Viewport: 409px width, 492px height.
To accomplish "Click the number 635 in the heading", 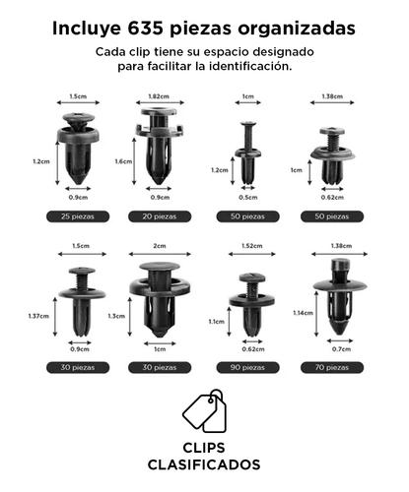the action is [145, 29].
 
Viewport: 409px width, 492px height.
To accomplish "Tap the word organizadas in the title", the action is [297, 30].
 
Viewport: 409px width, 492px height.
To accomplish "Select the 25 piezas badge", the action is [78, 216].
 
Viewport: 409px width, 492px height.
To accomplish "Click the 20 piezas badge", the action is [160, 216].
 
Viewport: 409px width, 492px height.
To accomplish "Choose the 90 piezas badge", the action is [247, 367].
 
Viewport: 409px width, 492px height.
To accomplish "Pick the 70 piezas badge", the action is [332, 367].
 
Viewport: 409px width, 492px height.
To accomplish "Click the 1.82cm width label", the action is [159, 96].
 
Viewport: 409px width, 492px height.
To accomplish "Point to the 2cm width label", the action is [160, 246].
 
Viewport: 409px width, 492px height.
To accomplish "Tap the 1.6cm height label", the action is [123, 161].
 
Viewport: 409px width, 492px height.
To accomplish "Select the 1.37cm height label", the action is [38, 316].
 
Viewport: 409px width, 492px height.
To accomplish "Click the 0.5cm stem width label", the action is [248, 198].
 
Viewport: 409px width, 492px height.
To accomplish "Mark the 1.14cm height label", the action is [303, 313].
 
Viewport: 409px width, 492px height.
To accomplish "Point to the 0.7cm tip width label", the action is [341, 349].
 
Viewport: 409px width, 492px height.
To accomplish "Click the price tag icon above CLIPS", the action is [205, 411].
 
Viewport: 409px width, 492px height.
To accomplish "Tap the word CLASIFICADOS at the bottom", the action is [204, 464].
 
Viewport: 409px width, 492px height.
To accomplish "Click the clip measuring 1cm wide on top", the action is [248, 154].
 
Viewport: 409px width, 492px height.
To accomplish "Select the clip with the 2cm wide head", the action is [160, 299].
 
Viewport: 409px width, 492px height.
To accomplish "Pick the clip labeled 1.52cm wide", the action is [251, 304].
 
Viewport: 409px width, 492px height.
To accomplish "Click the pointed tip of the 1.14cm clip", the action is [340, 334].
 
